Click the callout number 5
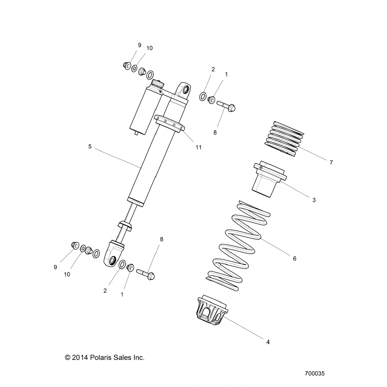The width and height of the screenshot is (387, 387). point(90,147)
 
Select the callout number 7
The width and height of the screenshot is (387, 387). point(331,162)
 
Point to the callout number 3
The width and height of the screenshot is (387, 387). point(314,200)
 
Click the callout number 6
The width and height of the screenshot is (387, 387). point(295,258)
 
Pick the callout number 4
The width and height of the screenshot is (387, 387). point(268,342)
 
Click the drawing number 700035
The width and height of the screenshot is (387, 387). point(315,373)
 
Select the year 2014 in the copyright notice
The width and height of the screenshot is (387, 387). point(80,358)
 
